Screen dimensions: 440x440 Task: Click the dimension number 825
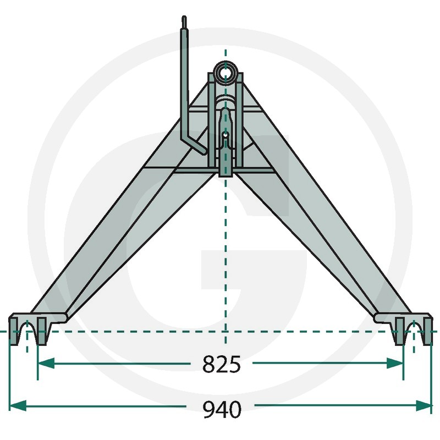pos(222,364)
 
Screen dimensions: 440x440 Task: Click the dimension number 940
pos(222,409)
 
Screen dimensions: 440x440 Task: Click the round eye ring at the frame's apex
pos(226,72)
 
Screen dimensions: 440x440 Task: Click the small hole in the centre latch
pos(226,134)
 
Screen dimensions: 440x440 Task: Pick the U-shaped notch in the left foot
pos(31,333)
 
